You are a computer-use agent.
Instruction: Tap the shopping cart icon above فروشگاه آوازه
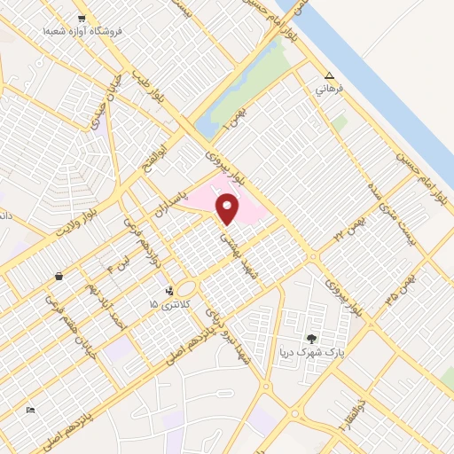tap(82, 19)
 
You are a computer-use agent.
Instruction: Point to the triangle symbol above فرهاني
tap(330, 76)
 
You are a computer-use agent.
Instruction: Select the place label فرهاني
tap(330, 90)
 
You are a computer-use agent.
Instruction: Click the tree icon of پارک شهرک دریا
tap(310, 338)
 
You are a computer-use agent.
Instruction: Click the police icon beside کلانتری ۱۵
tap(169, 290)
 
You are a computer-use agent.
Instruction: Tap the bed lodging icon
tap(31, 410)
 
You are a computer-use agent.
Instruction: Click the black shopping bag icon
tap(59, 276)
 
